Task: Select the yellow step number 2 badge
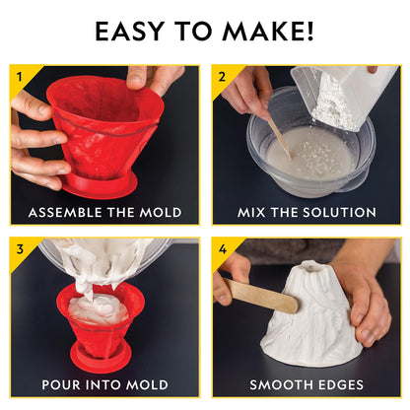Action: [222, 75]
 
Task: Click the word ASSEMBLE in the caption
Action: [68, 213]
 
